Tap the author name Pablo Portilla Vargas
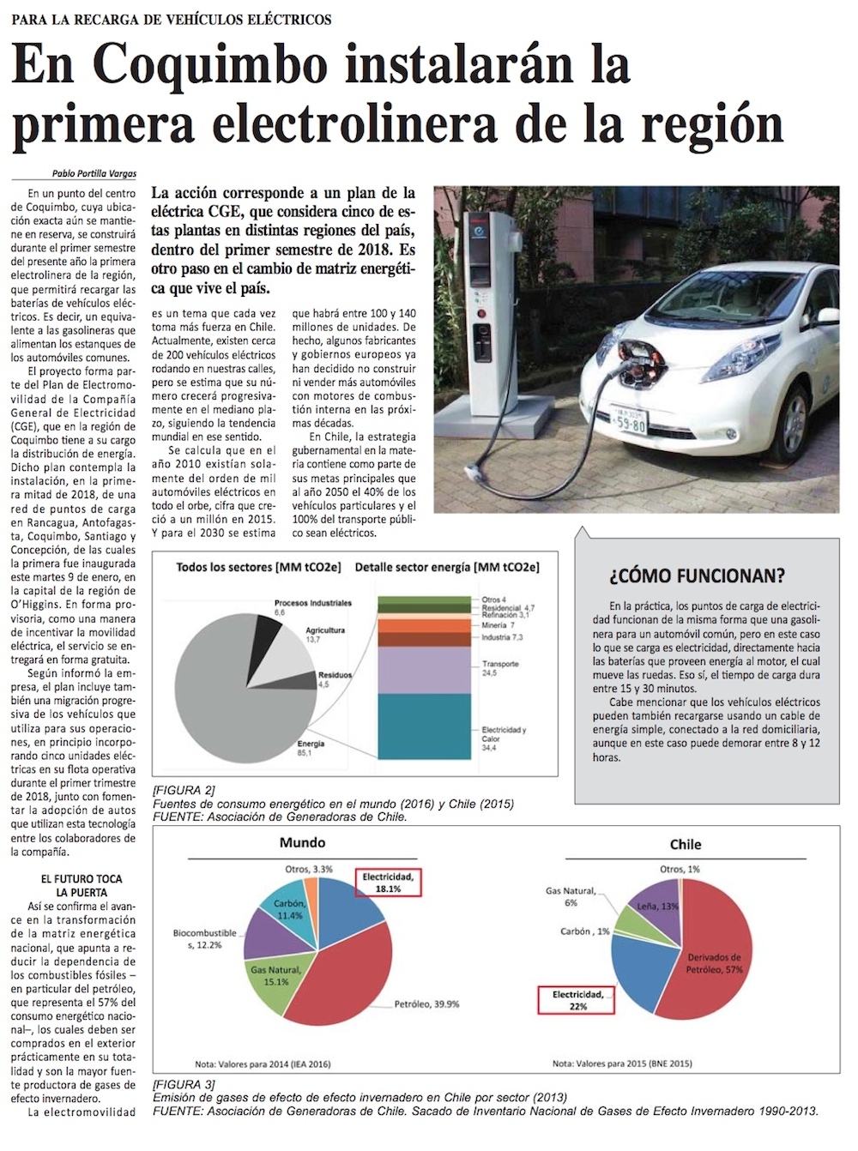click(x=94, y=173)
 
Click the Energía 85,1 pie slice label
click(x=311, y=748)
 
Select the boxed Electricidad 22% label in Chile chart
click(x=577, y=1000)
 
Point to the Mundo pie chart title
click(x=302, y=842)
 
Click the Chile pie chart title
click(x=686, y=844)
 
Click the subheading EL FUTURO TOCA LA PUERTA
click(x=82, y=886)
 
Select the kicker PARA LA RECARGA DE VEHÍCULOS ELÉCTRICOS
click(x=172, y=19)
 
